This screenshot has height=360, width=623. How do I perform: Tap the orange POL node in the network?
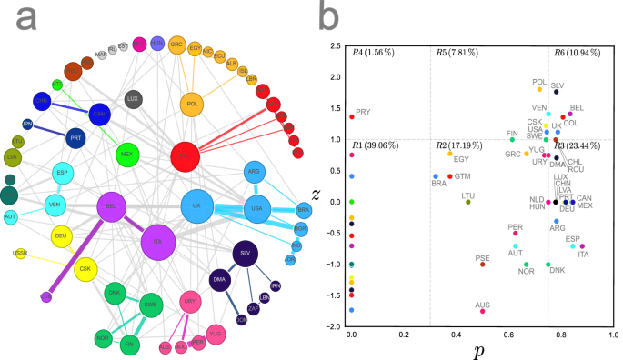tap(193, 104)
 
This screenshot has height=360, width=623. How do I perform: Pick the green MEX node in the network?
tap(126, 154)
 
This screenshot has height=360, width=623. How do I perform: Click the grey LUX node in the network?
tap(133, 98)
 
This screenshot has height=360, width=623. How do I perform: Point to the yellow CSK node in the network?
tap(86, 269)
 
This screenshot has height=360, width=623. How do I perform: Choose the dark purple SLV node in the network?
tap(244, 254)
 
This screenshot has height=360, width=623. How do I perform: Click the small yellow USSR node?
tap(20, 253)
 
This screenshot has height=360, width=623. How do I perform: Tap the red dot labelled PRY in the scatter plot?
tap(352, 116)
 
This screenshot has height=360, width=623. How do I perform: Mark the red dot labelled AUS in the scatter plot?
tap(482, 311)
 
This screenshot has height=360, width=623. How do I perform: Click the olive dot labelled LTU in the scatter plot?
tap(467, 202)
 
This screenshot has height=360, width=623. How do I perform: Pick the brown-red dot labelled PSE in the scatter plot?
tap(482, 265)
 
